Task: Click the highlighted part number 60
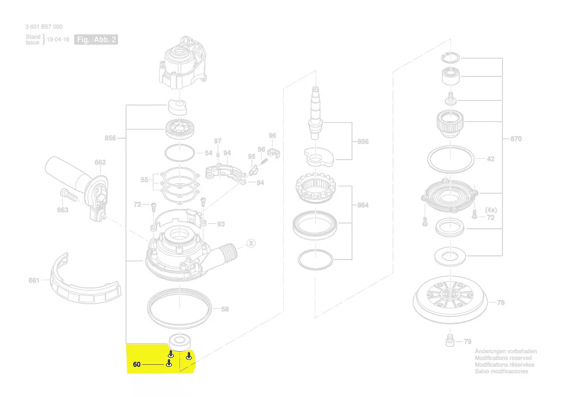tap(137, 364)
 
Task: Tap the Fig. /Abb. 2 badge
tap(96, 39)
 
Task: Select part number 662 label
tap(100, 162)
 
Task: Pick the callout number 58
tap(225, 310)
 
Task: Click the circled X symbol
tap(250, 243)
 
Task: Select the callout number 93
tap(221, 224)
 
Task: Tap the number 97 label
tap(218, 141)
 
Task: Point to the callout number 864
tap(363, 205)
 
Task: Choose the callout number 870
tap(515, 139)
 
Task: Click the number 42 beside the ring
tap(490, 159)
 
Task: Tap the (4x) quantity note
tap(490, 210)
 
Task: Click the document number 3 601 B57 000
tap(44, 27)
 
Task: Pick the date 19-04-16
tap(58, 40)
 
